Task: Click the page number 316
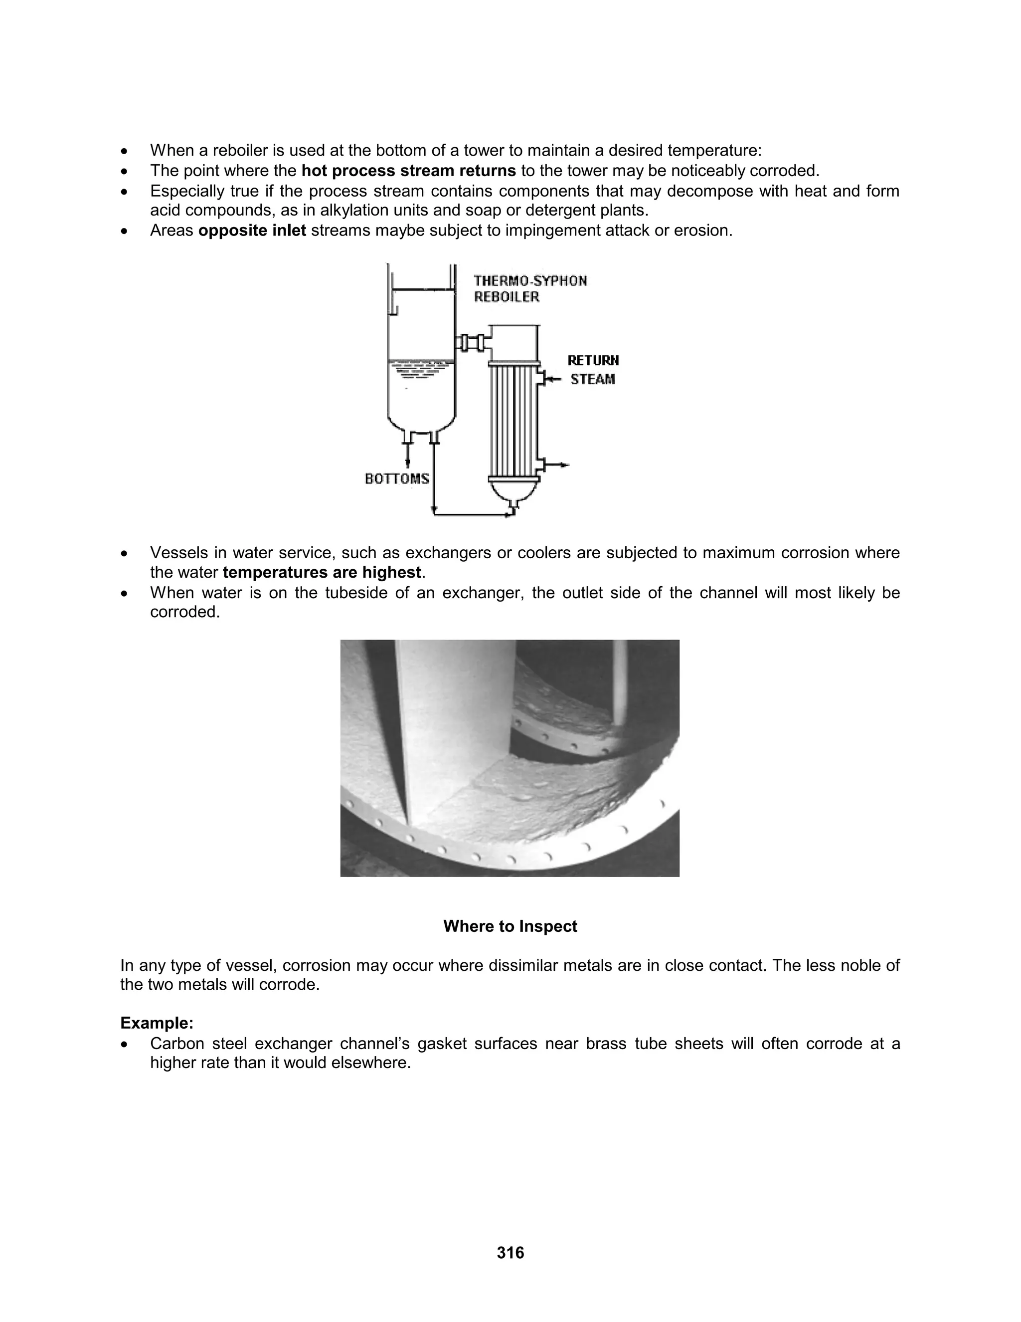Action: [510, 1252]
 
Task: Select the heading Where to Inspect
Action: [510, 926]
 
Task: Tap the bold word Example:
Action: [157, 1023]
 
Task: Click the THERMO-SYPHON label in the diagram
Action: [530, 281]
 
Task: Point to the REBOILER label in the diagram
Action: [507, 297]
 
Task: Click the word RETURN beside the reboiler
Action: [593, 361]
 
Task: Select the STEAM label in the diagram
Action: [592, 380]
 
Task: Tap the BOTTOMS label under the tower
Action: [397, 479]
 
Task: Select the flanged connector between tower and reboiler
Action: [471, 343]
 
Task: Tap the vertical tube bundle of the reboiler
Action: [513, 418]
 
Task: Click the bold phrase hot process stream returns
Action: [408, 171]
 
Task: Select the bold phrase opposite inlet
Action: [252, 230]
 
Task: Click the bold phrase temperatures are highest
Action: [321, 572]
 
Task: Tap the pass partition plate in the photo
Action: [417, 726]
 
